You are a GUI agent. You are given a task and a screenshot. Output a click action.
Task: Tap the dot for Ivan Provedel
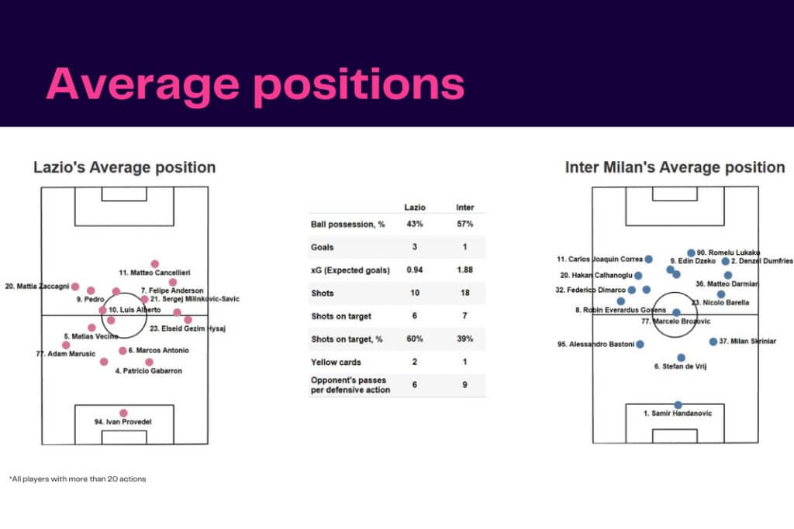tap(123, 413)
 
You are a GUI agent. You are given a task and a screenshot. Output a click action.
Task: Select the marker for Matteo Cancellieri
tap(155, 264)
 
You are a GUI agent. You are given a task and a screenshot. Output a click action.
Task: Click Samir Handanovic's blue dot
tap(678, 405)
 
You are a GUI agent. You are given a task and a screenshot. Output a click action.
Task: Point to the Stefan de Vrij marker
tap(682, 358)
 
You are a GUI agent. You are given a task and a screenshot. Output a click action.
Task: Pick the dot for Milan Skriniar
tap(713, 342)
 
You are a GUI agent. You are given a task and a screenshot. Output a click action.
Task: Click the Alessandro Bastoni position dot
tap(640, 344)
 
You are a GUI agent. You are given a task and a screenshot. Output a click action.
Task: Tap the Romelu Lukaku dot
tap(691, 253)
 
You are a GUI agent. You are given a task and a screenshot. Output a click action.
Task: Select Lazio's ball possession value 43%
tap(415, 225)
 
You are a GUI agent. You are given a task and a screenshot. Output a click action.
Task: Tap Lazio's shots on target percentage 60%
tap(415, 338)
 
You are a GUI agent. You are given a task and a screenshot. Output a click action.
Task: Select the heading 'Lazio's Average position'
tap(124, 167)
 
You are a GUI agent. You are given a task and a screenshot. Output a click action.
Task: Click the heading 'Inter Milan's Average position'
tap(675, 167)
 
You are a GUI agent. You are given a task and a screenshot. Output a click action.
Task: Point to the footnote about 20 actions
tap(78, 479)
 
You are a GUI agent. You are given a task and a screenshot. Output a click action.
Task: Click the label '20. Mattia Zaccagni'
tap(36, 286)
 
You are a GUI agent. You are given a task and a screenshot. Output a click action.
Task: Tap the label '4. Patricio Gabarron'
tap(148, 371)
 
